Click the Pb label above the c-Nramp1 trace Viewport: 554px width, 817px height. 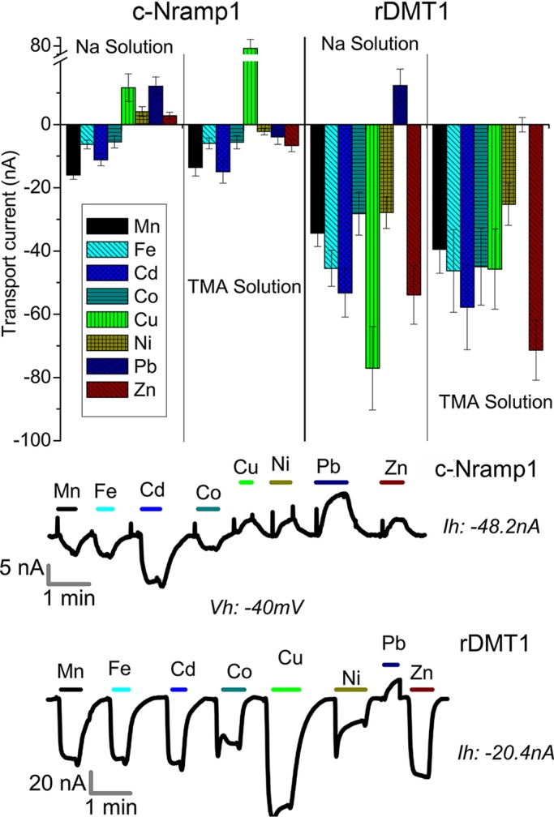click(332, 468)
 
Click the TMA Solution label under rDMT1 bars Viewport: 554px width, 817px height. click(494, 400)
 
